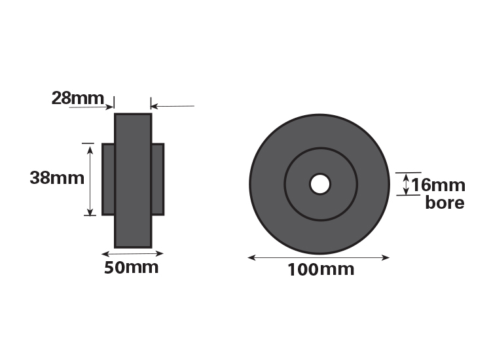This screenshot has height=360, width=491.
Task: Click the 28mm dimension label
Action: pos(77,98)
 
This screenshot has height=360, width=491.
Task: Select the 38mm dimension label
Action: pos(57,178)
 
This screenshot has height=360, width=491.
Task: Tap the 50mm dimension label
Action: pos(131,268)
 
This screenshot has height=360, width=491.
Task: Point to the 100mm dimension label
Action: pos(321,270)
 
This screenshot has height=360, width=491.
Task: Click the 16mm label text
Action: pos(438,185)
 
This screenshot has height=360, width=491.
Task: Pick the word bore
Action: pos(445,202)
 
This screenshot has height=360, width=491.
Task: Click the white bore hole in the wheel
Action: pos(319,184)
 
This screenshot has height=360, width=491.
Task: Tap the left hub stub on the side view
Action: pos(108,179)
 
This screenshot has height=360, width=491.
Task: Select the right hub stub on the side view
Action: pos(158,179)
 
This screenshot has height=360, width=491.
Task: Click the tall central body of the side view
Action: pos(133,181)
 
